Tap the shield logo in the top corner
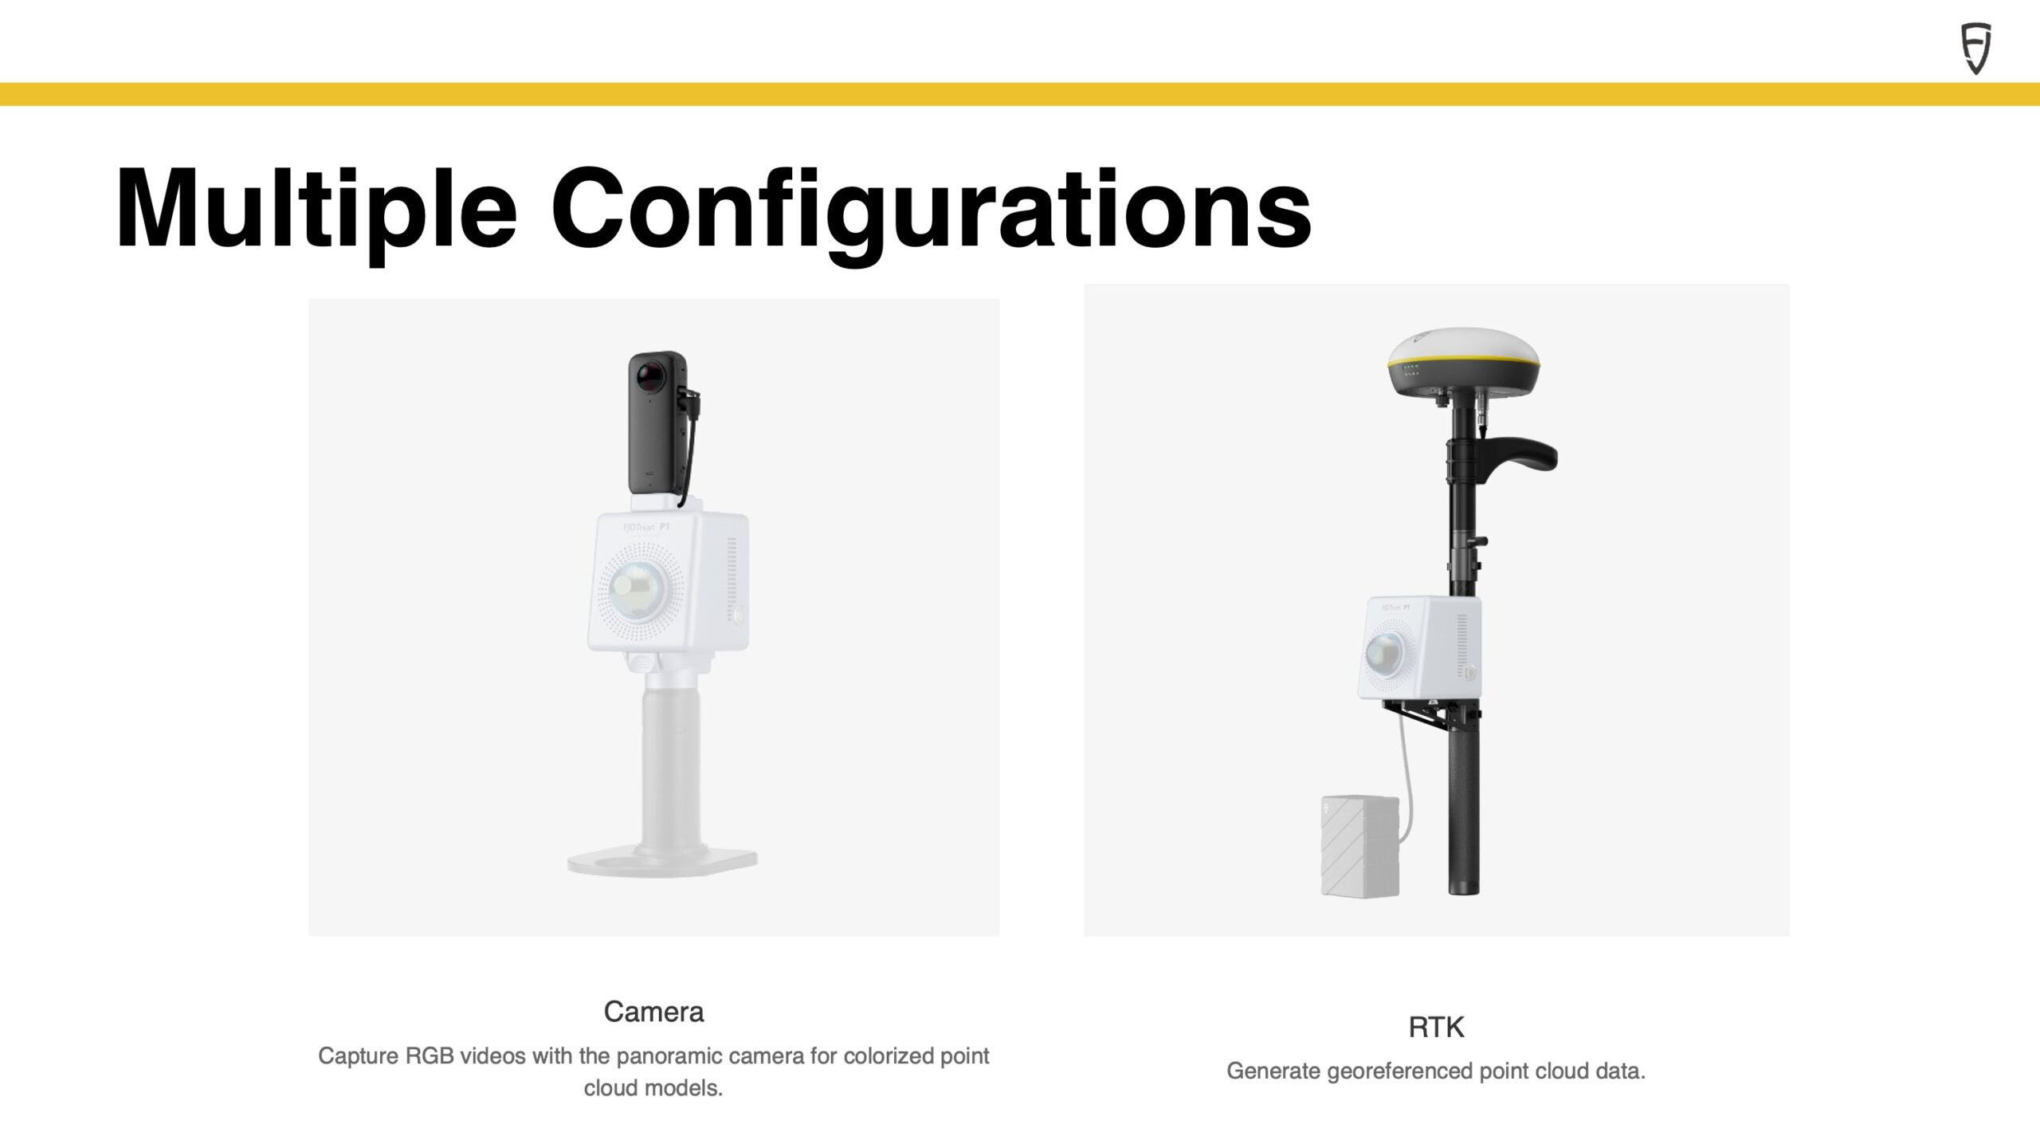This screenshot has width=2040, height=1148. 1976,49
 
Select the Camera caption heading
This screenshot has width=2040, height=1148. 653,1012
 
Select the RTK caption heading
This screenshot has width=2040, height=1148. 1436,1028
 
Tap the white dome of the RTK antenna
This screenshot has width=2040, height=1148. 1463,346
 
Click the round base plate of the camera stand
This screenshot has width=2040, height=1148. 662,860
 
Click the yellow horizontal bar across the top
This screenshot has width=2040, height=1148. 1020,94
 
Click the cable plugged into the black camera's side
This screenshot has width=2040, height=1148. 689,446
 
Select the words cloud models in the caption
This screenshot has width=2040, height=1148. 653,1088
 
